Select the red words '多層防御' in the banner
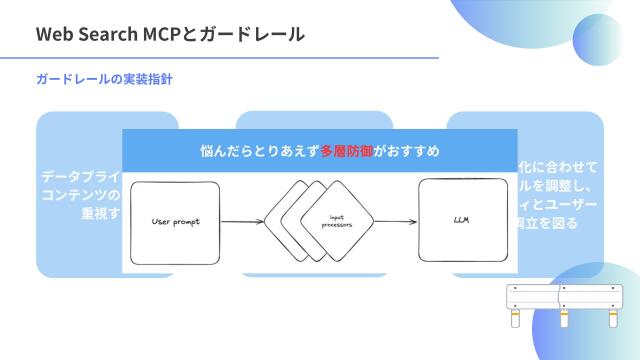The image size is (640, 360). tap(339, 151)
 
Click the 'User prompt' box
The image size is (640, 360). tap(175, 221)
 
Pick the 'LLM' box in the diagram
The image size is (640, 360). tap(462, 219)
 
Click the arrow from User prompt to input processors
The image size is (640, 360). tap(243, 221)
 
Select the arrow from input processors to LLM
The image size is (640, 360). tap(396, 221)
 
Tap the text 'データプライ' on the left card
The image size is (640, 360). tap(80, 177)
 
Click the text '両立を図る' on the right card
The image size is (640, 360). tap(547, 222)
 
